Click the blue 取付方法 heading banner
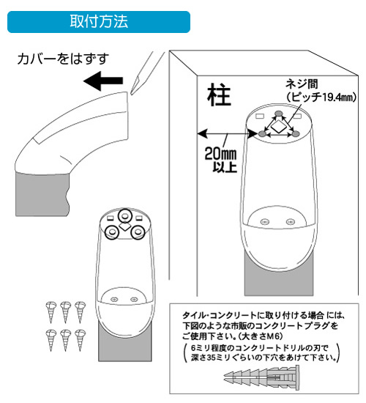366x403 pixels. [x=99, y=22]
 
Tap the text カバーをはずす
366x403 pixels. [x=63, y=59]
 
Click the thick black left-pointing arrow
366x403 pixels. [x=103, y=81]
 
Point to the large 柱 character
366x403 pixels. [x=219, y=95]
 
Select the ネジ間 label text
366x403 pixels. [x=302, y=84]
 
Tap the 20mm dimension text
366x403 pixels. [x=220, y=154]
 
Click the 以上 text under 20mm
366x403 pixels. [x=225, y=167]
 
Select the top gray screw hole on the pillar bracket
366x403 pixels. [x=278, y=113]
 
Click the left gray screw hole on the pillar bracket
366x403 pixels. [x=262, y=133]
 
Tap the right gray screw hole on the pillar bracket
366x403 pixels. [x=296, y=133]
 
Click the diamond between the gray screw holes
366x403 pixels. [x=278, y=127]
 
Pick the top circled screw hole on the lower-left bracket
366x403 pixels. [x=125, y=216]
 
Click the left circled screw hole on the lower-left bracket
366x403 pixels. [x=112, y=232]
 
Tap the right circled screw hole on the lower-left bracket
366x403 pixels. [x=138, y=232]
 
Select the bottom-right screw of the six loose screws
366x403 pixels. [x=80, y=340]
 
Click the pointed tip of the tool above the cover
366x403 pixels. [x=131, y=95]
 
